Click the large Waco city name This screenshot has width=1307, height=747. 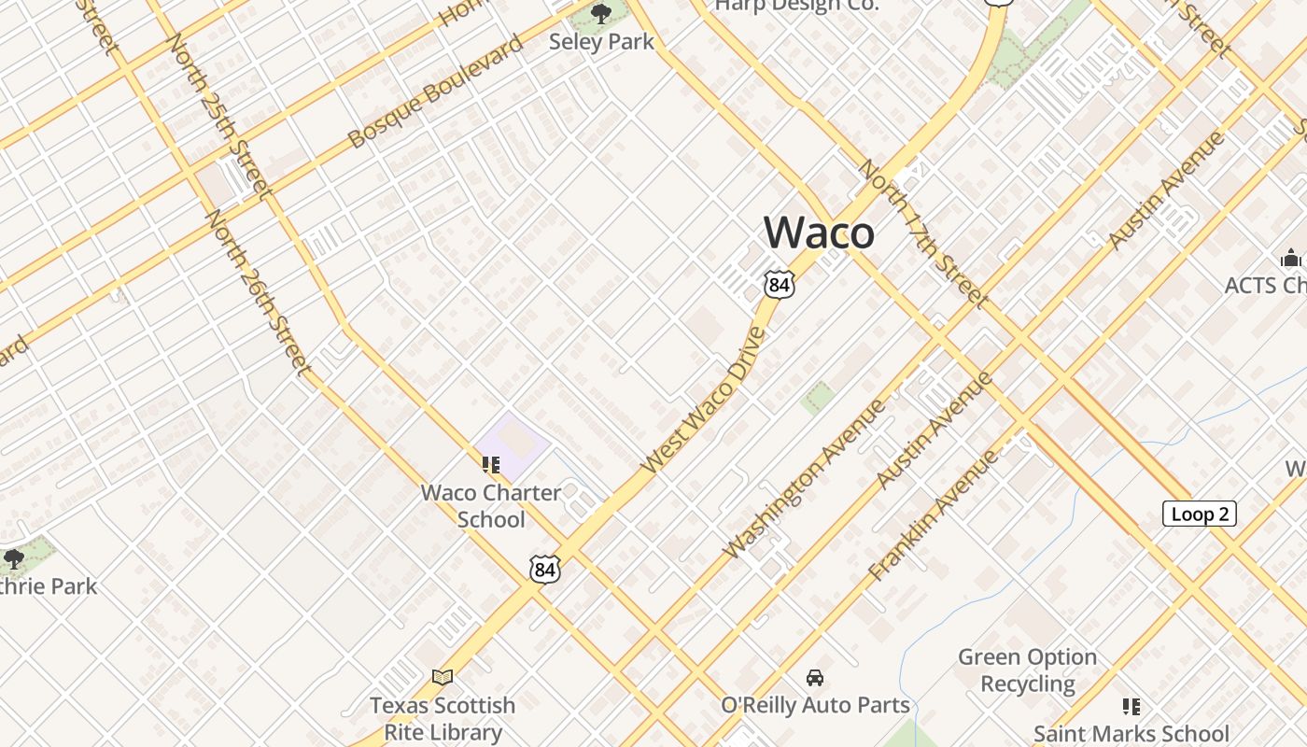[x=819, y=233]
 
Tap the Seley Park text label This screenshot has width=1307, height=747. [x=601, y=42]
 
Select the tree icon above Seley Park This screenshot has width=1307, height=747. [x=601, y=13]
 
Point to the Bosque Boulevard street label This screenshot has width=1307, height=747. [x=435, y=92]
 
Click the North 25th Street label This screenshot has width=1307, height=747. [x=220, y=116]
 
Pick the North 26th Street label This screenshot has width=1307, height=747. [x=259, y=291]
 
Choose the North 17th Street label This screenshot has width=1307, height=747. [x=921, y=233]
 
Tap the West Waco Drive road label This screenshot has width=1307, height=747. [x=704, y=399]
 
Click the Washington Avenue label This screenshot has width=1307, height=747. [x=804, y=479]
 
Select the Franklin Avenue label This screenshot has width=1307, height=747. [x=933, y=514]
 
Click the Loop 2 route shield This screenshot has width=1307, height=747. [x=1199, y=514]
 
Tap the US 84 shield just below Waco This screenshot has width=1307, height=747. [x=779, y=284]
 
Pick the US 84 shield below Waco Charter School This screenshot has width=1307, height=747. [x=544, y=569]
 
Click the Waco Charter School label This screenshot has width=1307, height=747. [x=491, y=505]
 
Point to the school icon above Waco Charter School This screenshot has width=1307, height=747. [x=491, y=464]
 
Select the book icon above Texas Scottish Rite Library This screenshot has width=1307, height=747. [x=443, y=677]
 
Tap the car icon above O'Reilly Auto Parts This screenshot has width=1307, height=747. [x=815, y=677]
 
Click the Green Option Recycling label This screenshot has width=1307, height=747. [x=1027, y=670]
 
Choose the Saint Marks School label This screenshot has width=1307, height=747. [x=1131, y=734]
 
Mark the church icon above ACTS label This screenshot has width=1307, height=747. [x=1291, y=258]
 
